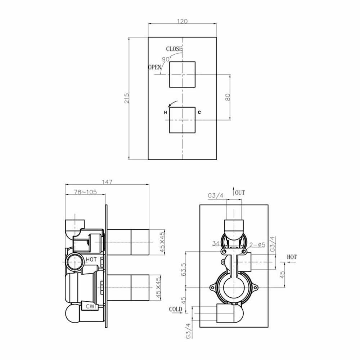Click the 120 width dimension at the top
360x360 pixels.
[x=183, y=21]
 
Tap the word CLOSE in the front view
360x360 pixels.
[x=174, y=49]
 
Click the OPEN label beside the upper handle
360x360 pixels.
[x=155, y=67]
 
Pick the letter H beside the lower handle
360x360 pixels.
[x=165, y=113]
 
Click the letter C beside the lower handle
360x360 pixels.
[x=199, y=113]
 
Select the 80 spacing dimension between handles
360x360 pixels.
[x=227, y=97]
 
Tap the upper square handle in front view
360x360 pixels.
[x=182, y=74]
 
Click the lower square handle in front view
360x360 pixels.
[x=182, y=120]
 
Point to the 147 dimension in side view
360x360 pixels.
[x=107, y=182]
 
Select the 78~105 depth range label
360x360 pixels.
[x=85, y=192]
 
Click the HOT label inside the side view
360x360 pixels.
[x=91, y=259]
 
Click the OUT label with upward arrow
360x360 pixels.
[x=239, y=193]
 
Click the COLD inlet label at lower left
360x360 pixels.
[x=176, y=309]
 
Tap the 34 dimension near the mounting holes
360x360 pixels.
[x=216, y=244]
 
